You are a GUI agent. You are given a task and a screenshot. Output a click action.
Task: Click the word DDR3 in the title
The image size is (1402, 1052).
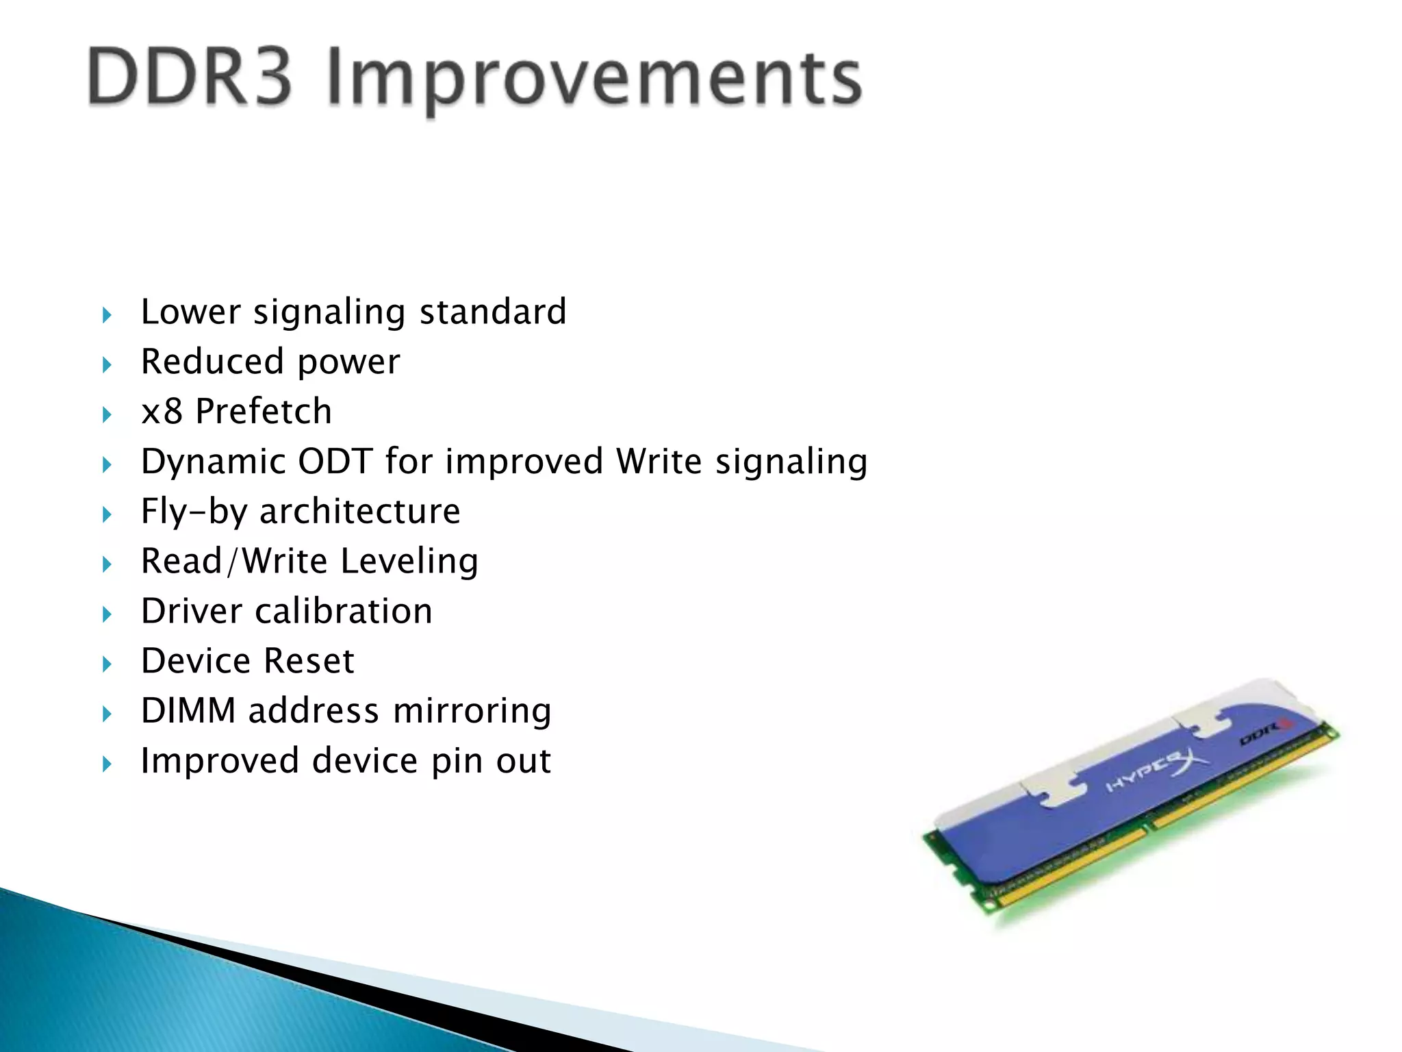190,77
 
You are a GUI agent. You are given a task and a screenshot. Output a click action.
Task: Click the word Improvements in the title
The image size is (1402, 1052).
594,81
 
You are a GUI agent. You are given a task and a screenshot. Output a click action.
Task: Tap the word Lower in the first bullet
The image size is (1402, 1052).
190,312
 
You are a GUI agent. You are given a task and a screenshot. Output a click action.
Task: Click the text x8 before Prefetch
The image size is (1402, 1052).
162,412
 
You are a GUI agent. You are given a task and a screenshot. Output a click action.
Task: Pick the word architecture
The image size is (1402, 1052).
359,512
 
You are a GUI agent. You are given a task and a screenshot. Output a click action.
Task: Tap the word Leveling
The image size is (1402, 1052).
409,562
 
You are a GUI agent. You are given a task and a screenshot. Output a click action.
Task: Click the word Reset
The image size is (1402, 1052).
309,661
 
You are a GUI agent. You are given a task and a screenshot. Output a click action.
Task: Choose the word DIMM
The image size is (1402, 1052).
188,711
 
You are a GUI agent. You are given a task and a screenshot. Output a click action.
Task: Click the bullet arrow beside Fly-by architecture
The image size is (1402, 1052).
107,514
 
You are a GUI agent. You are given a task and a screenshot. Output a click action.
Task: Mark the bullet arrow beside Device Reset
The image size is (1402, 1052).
107,664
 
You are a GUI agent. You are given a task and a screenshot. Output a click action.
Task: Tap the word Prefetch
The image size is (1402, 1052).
264,412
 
